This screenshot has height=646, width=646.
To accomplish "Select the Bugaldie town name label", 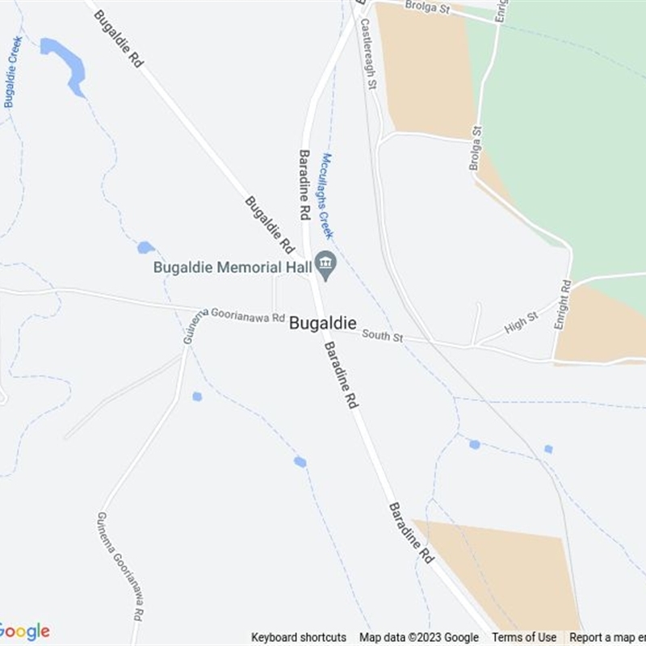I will pyautogui.click(x=323, y=323).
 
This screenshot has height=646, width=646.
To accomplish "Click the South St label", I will pyautogui.click(x=382, y=335).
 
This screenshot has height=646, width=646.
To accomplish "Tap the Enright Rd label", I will pyautogui.click(x=563, y=304).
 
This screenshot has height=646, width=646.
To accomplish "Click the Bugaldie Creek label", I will pyautogui.click(x=13, y=72).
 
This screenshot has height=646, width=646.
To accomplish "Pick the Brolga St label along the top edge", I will pyautogui.click(x=429, y=7).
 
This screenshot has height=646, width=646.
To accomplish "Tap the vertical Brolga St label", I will pyautogui.click(x=476, y=148).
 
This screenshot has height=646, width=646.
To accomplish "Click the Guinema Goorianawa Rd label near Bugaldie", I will pyautogui.click(x=235, y=319).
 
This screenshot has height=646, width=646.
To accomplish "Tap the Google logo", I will pyautogui.click(x=24, y=631).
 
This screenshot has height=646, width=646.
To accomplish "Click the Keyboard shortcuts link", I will pyautogui.click(x=299, y=637).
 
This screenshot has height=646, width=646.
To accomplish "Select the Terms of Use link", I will pyautogui.click(x=524, y=637).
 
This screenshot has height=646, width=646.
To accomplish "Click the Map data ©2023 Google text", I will pyautogui.click(x=419, y=637).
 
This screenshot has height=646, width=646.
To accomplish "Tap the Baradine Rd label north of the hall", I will pyautogui.click(x=304, y=185).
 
